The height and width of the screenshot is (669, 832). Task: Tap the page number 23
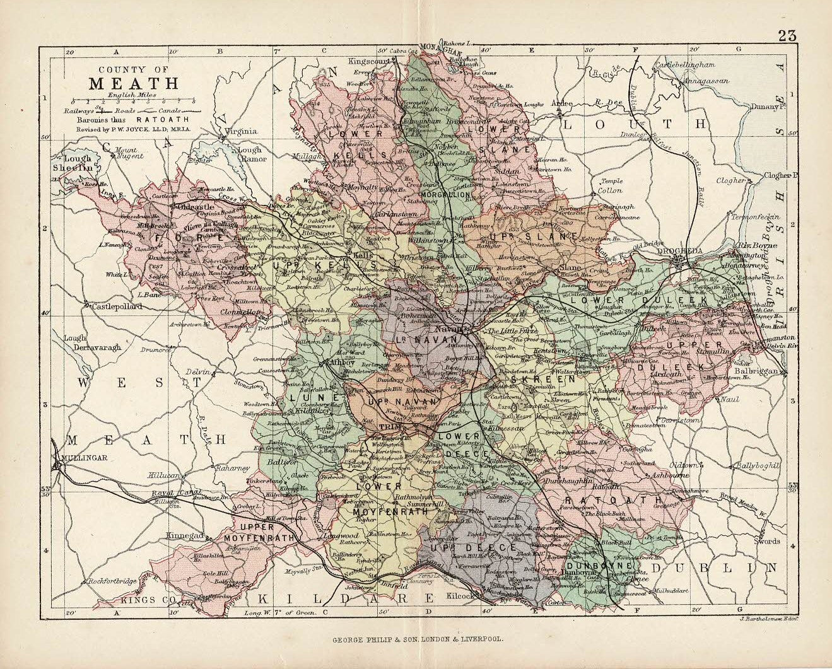pos(787,36)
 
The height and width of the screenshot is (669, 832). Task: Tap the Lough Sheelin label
pos(77,163)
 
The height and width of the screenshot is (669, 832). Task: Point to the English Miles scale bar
pos(133,101)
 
